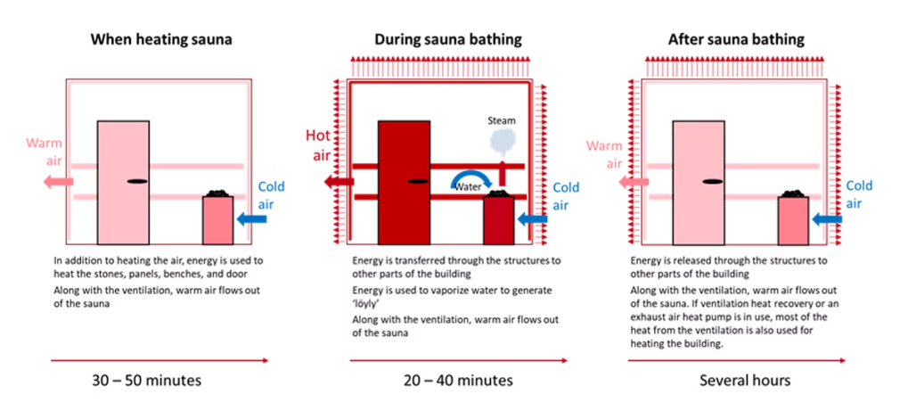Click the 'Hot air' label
click(322, 145)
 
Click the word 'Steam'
click(502, 119)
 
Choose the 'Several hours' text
click(744, 381)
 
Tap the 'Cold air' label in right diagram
click(859, 195)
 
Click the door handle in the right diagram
click(710, 181)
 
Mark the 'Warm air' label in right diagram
click(604, 154)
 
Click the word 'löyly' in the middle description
click(364, 305)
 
